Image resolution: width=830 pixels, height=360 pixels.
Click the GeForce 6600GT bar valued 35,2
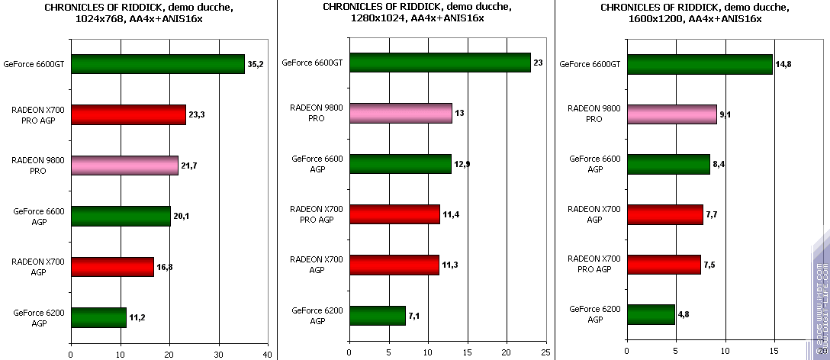tap(157, 64)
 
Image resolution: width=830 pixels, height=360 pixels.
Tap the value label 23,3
tap(197, 115)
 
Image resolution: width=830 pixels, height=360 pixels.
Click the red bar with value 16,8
tap(112, 267)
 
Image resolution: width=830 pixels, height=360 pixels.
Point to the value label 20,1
tap(182, 217)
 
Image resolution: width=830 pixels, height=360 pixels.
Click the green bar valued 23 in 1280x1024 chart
tap(439, 63)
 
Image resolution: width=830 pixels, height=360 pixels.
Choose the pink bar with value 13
tap(401, 114)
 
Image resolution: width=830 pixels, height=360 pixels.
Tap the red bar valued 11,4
tap(394, 215)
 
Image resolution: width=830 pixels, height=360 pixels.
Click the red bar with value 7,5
tap(663, 265)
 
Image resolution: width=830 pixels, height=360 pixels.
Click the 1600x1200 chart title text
tap(692, 12)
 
